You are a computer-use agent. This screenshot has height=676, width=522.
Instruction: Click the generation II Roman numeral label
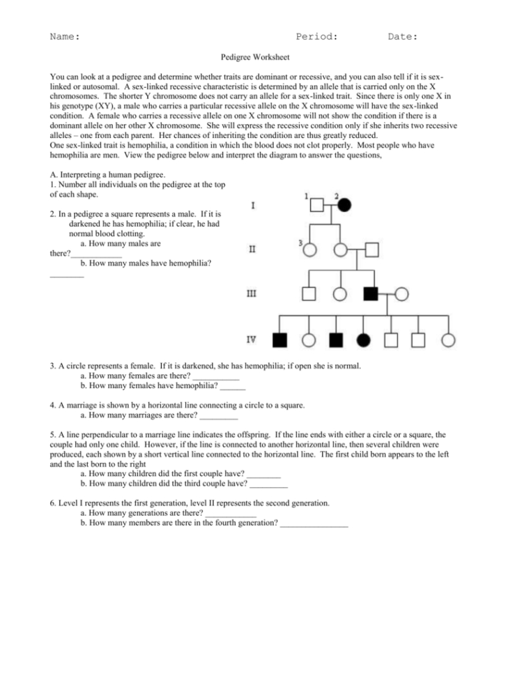click(x=252, y=248)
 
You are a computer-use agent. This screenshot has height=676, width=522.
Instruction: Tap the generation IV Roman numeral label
click(x=252, y=340)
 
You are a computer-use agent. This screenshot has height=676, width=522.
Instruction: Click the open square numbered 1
click(x=317, y=206)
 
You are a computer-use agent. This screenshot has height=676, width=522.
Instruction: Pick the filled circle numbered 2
click(x=345, y=206)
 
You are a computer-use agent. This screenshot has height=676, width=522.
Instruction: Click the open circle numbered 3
click(x=309, y=249)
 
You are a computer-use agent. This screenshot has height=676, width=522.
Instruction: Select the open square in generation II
click(x=371, y=249)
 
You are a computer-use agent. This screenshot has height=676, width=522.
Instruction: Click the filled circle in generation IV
click(x=363, y=340)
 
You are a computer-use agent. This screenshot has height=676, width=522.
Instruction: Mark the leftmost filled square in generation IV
click(x=280, y=340)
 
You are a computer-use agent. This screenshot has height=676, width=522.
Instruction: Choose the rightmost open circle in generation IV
click(x=448, y=340)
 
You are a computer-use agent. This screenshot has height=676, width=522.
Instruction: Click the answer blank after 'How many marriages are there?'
click(x=218, y=417)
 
